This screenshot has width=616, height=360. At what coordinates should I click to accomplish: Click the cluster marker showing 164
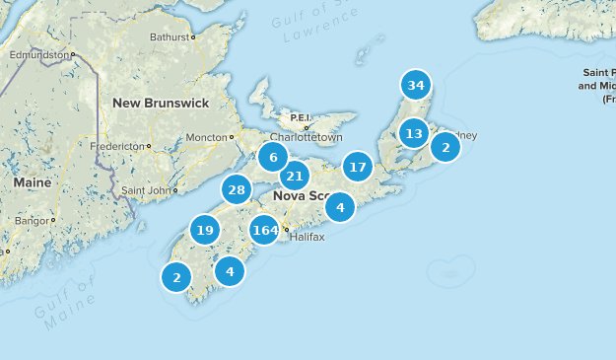(264, 230)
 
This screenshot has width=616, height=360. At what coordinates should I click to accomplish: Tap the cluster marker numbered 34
(416, 85)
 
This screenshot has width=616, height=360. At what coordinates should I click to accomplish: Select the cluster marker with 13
(414, 133)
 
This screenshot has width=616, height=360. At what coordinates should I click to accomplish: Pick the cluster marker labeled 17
(358, 167)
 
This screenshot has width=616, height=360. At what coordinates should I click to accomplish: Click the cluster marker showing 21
(294, 177)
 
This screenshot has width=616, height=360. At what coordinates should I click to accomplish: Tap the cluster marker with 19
(204, 231)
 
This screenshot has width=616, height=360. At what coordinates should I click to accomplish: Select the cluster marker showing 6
(273, 157)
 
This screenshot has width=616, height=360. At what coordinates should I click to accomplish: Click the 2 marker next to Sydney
(445, 147)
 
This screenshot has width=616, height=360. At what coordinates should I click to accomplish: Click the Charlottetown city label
(307, 138)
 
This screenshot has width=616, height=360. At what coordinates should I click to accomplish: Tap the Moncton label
(206, 137)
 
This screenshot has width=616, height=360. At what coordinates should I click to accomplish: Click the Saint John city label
(146, 189)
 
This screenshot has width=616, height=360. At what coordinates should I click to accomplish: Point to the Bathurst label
(170, 37)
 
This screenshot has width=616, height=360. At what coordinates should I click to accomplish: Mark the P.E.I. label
(300, 117)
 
